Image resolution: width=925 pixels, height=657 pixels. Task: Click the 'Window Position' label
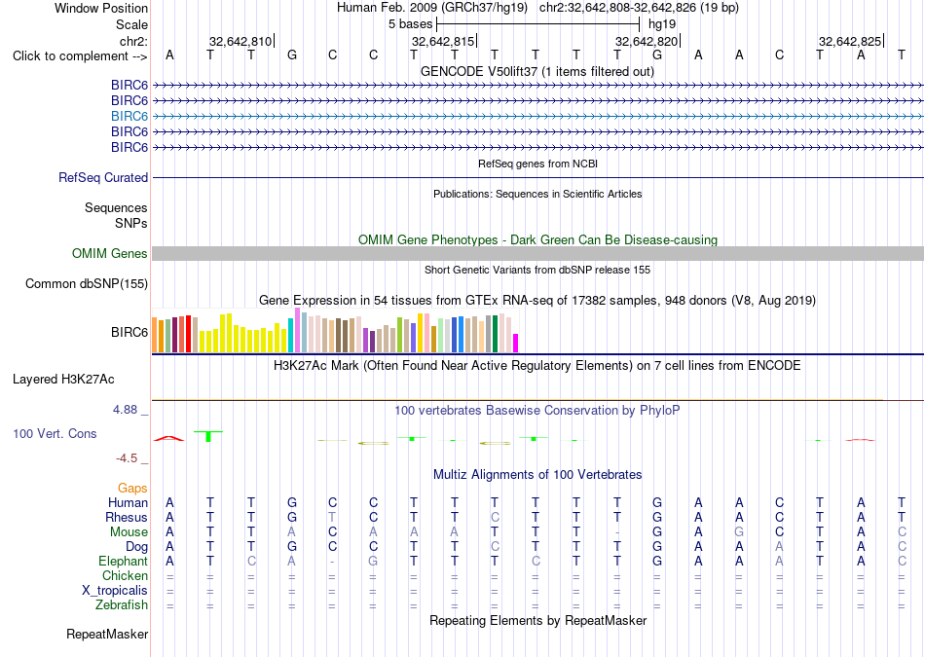(x=101, y=8)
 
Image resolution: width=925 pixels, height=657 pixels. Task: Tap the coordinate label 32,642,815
(x=442, y=41)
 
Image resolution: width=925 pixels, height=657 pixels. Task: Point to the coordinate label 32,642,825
(x=849, y=41)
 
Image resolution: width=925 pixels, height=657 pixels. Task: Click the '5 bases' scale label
(x=410, y=24)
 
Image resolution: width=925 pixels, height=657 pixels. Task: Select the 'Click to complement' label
(x=70, y=56)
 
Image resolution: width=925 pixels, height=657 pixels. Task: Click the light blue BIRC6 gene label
(x=129, y=116)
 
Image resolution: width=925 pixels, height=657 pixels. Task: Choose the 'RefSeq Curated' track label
(x=103, y=177)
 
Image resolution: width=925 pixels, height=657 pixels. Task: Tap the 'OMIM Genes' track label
(x=110, y=254)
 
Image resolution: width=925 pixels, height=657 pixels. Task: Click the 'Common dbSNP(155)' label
(x=87, y=283)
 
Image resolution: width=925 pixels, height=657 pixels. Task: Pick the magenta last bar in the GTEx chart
(x=515, y=344)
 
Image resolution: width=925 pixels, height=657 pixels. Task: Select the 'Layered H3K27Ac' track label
(x=63, y=380)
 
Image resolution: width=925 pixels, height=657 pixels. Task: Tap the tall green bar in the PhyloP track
(x=208, y=436)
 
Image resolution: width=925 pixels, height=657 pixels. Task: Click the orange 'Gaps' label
(x=132, y=489)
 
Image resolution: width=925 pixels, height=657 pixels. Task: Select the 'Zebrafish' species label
(x=122, y=605)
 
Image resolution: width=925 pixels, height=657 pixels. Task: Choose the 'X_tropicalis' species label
(x=115, y=591)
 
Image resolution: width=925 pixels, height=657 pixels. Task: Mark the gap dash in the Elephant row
(x=332, y=562)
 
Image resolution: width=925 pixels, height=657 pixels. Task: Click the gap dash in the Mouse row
(x=617, y=532)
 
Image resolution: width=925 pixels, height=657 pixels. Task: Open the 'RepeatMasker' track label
(x=107, y=635)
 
